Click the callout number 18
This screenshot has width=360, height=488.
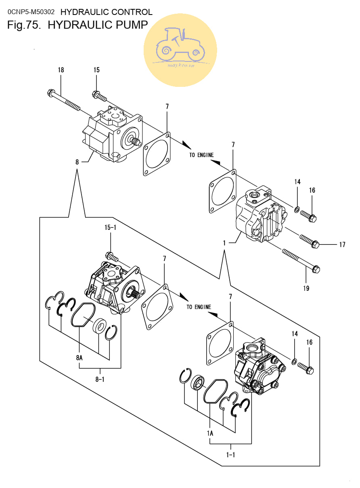[x=61, y=70]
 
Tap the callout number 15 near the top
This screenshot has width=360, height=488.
[x=96, y=70]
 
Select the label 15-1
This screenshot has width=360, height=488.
[x=110, y=227]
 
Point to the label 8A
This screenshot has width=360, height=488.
[x=79, y=358]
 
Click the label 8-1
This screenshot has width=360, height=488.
[x=100, y=379]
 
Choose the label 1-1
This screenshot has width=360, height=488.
[x=230, y=454]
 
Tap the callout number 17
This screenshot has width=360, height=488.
[x=342, y=244]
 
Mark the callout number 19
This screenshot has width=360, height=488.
[x=306, y=288]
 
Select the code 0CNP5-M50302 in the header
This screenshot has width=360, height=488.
[x=31, y=12]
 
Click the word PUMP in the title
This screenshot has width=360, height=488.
[x=132, y=25]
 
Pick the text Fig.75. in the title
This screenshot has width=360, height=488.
[x=24, y=25]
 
